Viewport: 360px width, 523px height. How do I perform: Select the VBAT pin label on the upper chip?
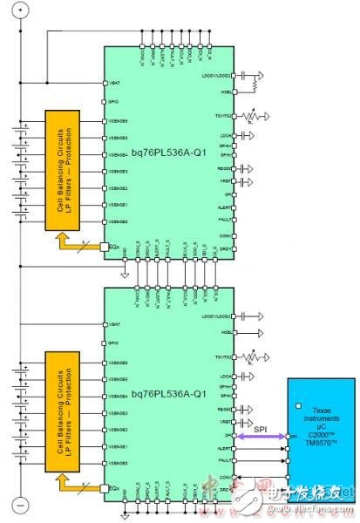[112, 84]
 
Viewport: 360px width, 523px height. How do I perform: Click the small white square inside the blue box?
[299, 405]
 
